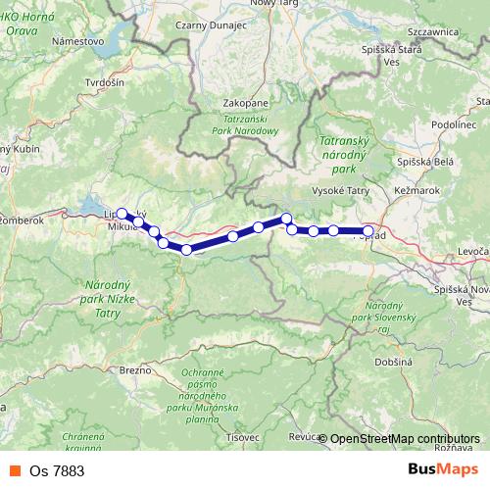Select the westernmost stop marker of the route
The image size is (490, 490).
coord(122,213)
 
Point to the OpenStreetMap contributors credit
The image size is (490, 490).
coord(405,439)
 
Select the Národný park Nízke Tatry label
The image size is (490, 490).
coord(100,294)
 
